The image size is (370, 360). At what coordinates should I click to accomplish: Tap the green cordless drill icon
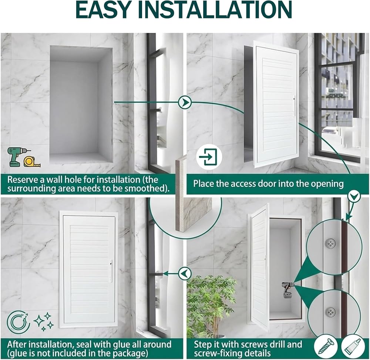click(16, 157)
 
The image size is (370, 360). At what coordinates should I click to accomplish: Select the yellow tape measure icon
click(32, 162)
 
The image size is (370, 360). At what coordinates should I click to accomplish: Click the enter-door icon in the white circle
click(209, 157)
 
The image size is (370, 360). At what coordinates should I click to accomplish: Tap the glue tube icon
click(353, 347)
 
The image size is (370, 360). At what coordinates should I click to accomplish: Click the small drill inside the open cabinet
click(287, 289)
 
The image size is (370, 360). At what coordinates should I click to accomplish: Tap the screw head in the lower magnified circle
click(330, 312)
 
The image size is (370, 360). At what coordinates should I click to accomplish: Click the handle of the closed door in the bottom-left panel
click(111, 271)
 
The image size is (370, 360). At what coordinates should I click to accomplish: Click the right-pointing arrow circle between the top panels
click(185, 102)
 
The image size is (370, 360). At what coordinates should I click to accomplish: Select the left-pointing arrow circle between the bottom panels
click(185, 274)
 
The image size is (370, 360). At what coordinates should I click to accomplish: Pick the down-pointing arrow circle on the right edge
click(354, 196)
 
